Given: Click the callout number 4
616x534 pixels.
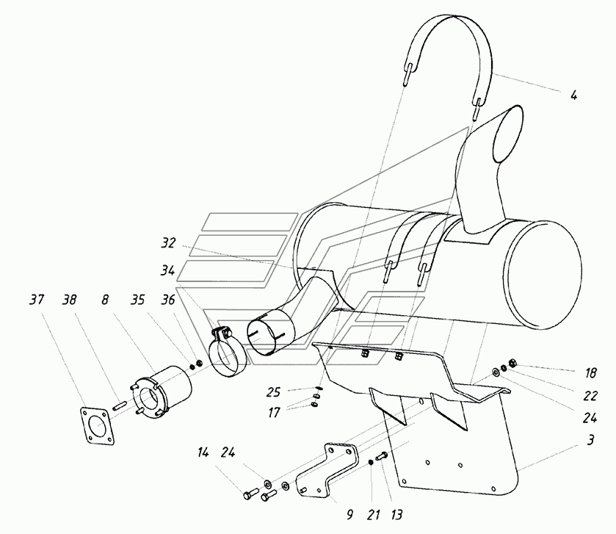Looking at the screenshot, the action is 574,95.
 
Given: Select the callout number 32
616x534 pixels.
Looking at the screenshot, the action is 168,243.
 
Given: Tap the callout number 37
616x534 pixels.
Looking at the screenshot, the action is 37,300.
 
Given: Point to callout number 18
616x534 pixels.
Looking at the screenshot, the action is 591,373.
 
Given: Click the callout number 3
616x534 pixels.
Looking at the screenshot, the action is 590,440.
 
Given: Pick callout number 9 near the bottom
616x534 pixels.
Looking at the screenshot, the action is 349,514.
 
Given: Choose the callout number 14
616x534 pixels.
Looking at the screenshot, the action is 203,453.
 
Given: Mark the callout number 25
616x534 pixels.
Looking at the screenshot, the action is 273,392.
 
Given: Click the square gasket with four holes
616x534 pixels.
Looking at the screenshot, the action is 97,426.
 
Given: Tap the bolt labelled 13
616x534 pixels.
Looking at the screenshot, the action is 382,456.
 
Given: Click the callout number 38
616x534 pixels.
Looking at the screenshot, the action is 69,300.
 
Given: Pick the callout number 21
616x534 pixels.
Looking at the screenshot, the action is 373,514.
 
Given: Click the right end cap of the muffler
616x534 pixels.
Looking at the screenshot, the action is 543,275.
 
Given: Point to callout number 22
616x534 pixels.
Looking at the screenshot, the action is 590,396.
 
